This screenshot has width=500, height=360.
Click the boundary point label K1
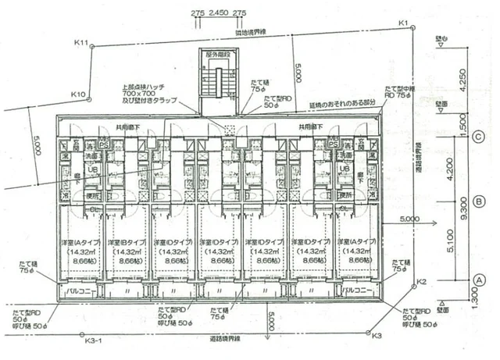point(404,23)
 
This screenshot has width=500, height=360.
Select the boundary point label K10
point(77,94)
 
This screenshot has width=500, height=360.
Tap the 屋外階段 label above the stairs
point(220,56)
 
